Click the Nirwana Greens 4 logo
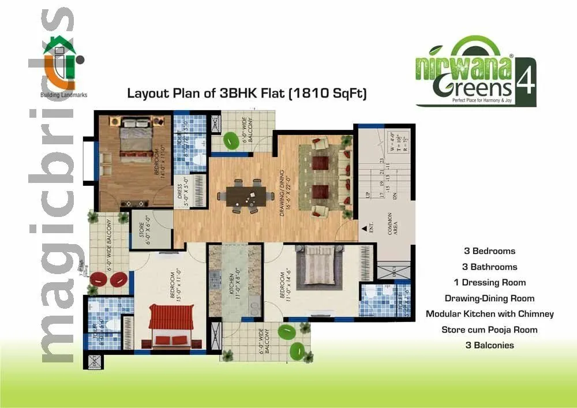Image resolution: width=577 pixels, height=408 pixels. click(x=475, y=72)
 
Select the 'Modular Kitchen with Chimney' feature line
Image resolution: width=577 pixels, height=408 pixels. click(x=489, y=314)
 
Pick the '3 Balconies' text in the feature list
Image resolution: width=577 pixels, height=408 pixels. click(x=489, y=345)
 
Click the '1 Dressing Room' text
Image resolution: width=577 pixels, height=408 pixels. click(x=489, y=282)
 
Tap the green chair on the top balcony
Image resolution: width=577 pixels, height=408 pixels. click(x=231, y=140)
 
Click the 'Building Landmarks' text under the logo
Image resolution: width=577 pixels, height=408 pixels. click(x=63, y=95)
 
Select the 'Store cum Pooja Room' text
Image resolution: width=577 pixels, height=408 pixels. click(x=489, y=330)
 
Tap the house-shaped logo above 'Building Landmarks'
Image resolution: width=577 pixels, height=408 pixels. click(x=61, y=61)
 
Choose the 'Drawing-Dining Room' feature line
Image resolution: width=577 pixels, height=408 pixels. click(x=489, y=298)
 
